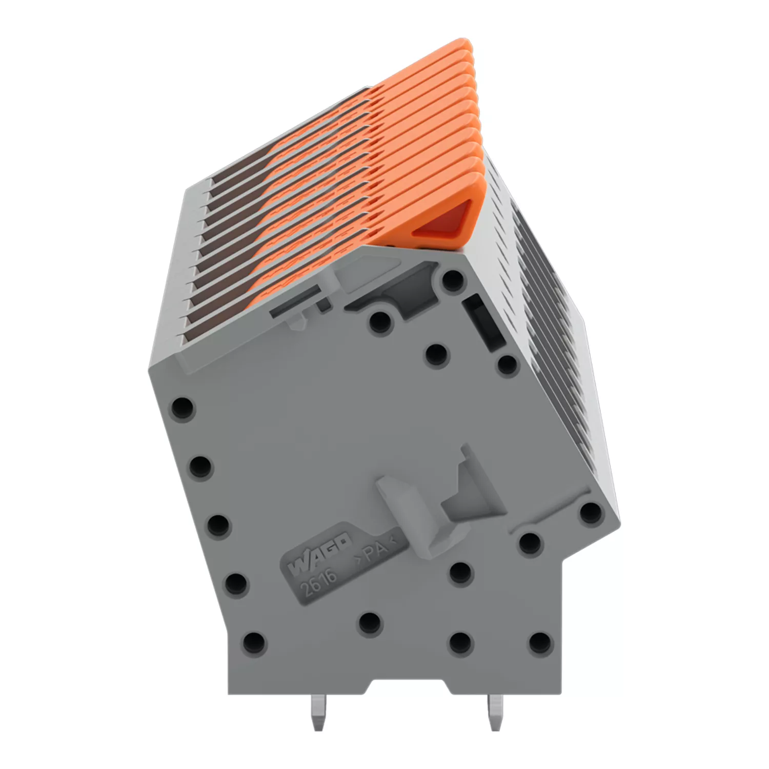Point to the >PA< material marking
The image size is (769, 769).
pos(378,551)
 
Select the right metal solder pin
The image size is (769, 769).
pos(495,713)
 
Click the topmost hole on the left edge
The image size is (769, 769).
pos(182,408)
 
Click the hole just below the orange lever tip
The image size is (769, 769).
pos(452,280)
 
